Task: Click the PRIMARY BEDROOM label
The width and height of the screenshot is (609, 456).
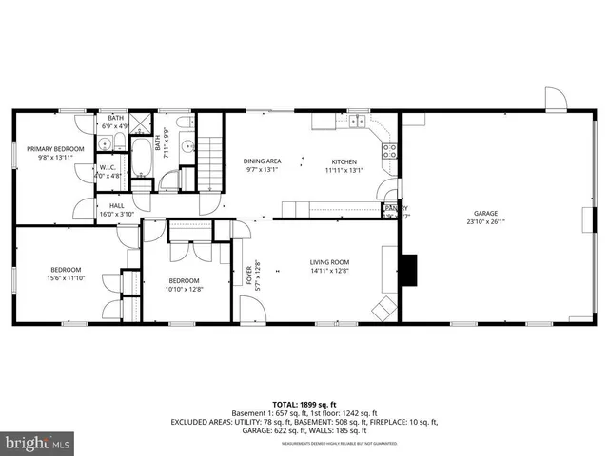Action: point(55,149)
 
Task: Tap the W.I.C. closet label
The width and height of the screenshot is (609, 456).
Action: point(108,168)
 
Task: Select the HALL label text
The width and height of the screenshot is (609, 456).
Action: point(116,205)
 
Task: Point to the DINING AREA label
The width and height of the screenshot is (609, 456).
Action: point(262,161)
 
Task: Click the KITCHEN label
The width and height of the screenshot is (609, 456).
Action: point(344,161)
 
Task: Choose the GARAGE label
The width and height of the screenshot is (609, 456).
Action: point(486,213)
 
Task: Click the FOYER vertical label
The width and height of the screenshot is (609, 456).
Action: point(250,275)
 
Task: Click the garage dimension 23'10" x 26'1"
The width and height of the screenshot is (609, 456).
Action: point(486,221)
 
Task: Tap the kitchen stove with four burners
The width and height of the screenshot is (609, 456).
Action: point(388,148)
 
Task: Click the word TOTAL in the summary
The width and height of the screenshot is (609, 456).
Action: point(285,403)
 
